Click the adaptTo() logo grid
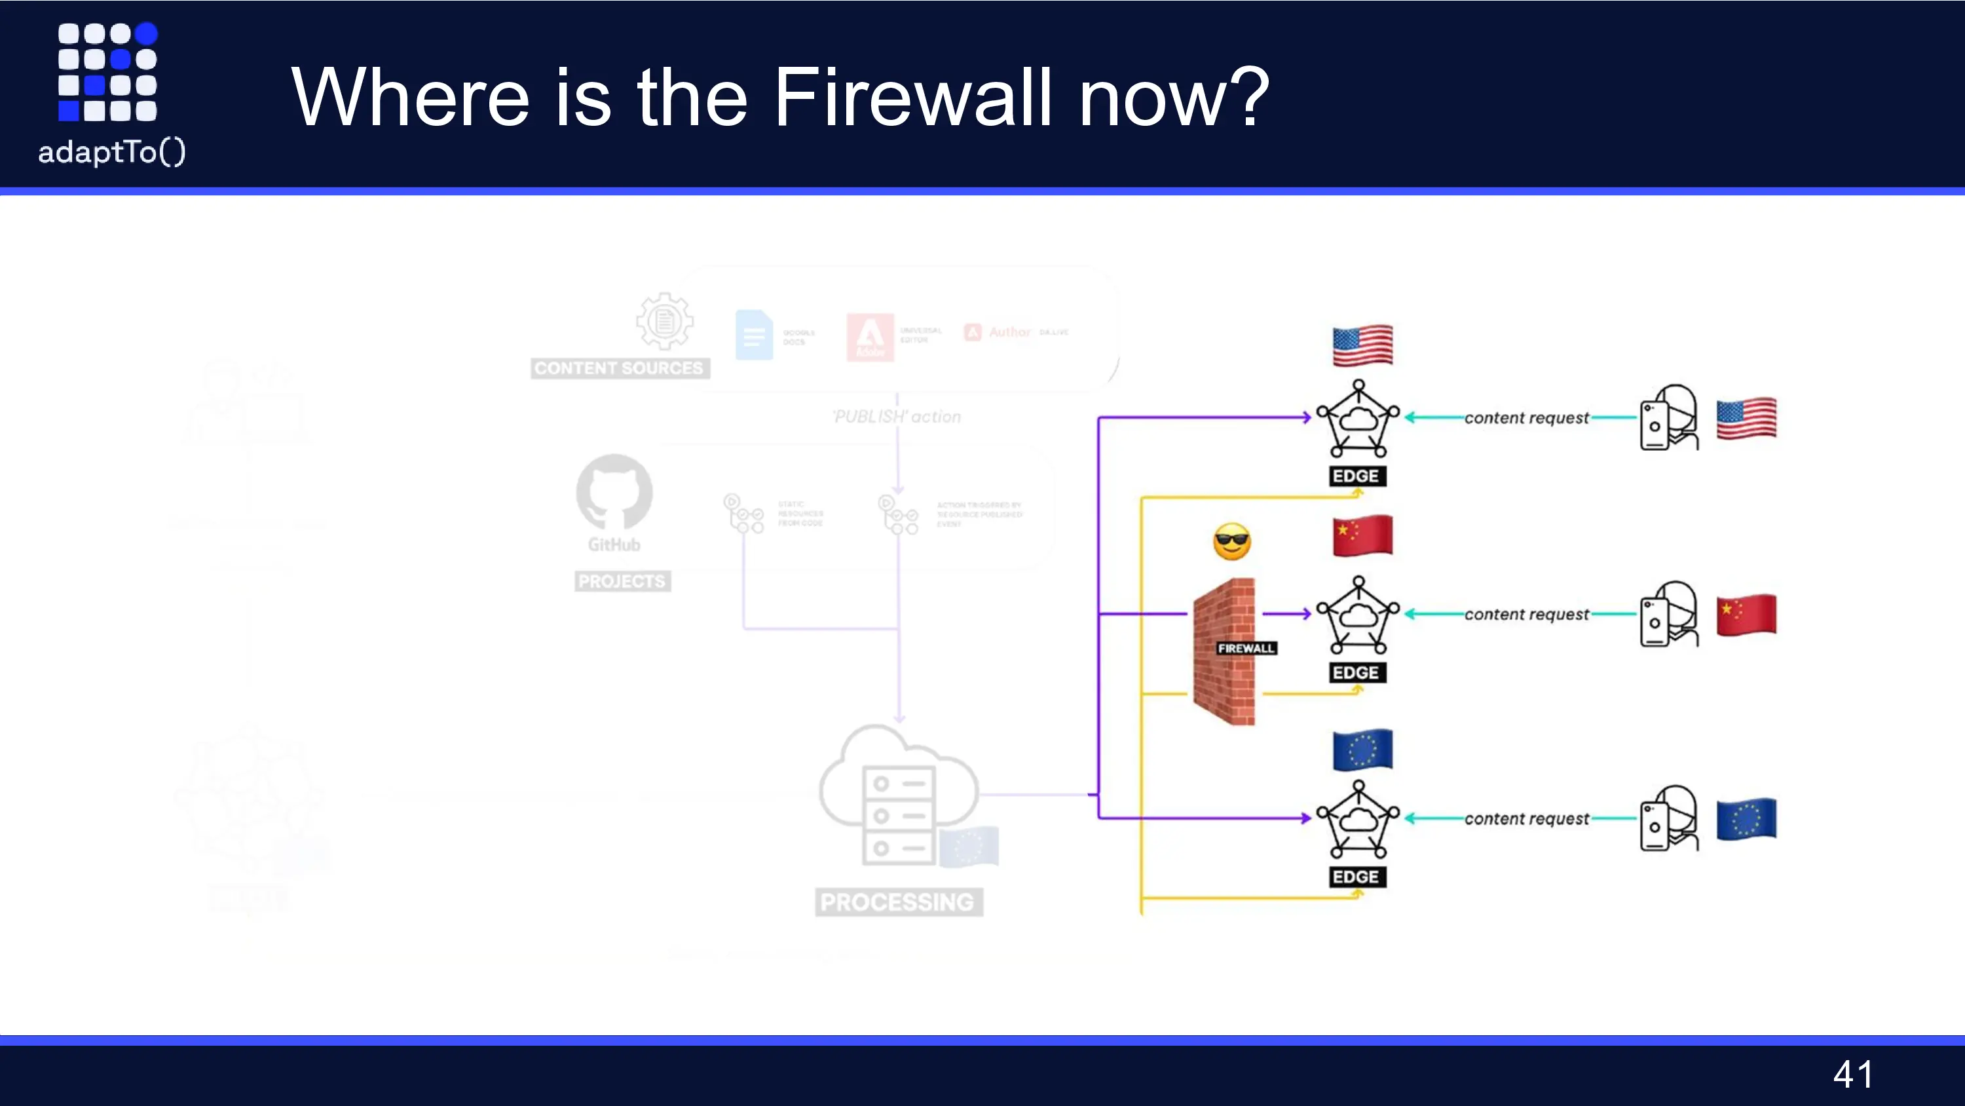107,72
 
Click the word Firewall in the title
912,98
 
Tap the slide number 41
1852,1075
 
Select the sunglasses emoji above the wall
1231,542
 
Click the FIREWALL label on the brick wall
1246,648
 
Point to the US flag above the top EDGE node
1362,346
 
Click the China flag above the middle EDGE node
1362,536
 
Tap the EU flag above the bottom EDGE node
1362,750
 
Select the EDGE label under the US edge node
1355,476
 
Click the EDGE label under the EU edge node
1355,877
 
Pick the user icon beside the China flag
1669,615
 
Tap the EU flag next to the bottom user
1746,818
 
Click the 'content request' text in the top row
1526,418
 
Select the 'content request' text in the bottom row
1526,819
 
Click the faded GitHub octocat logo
614,492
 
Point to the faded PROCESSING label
897,902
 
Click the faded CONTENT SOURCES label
618,369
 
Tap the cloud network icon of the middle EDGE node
1358,615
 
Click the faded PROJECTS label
622,582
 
